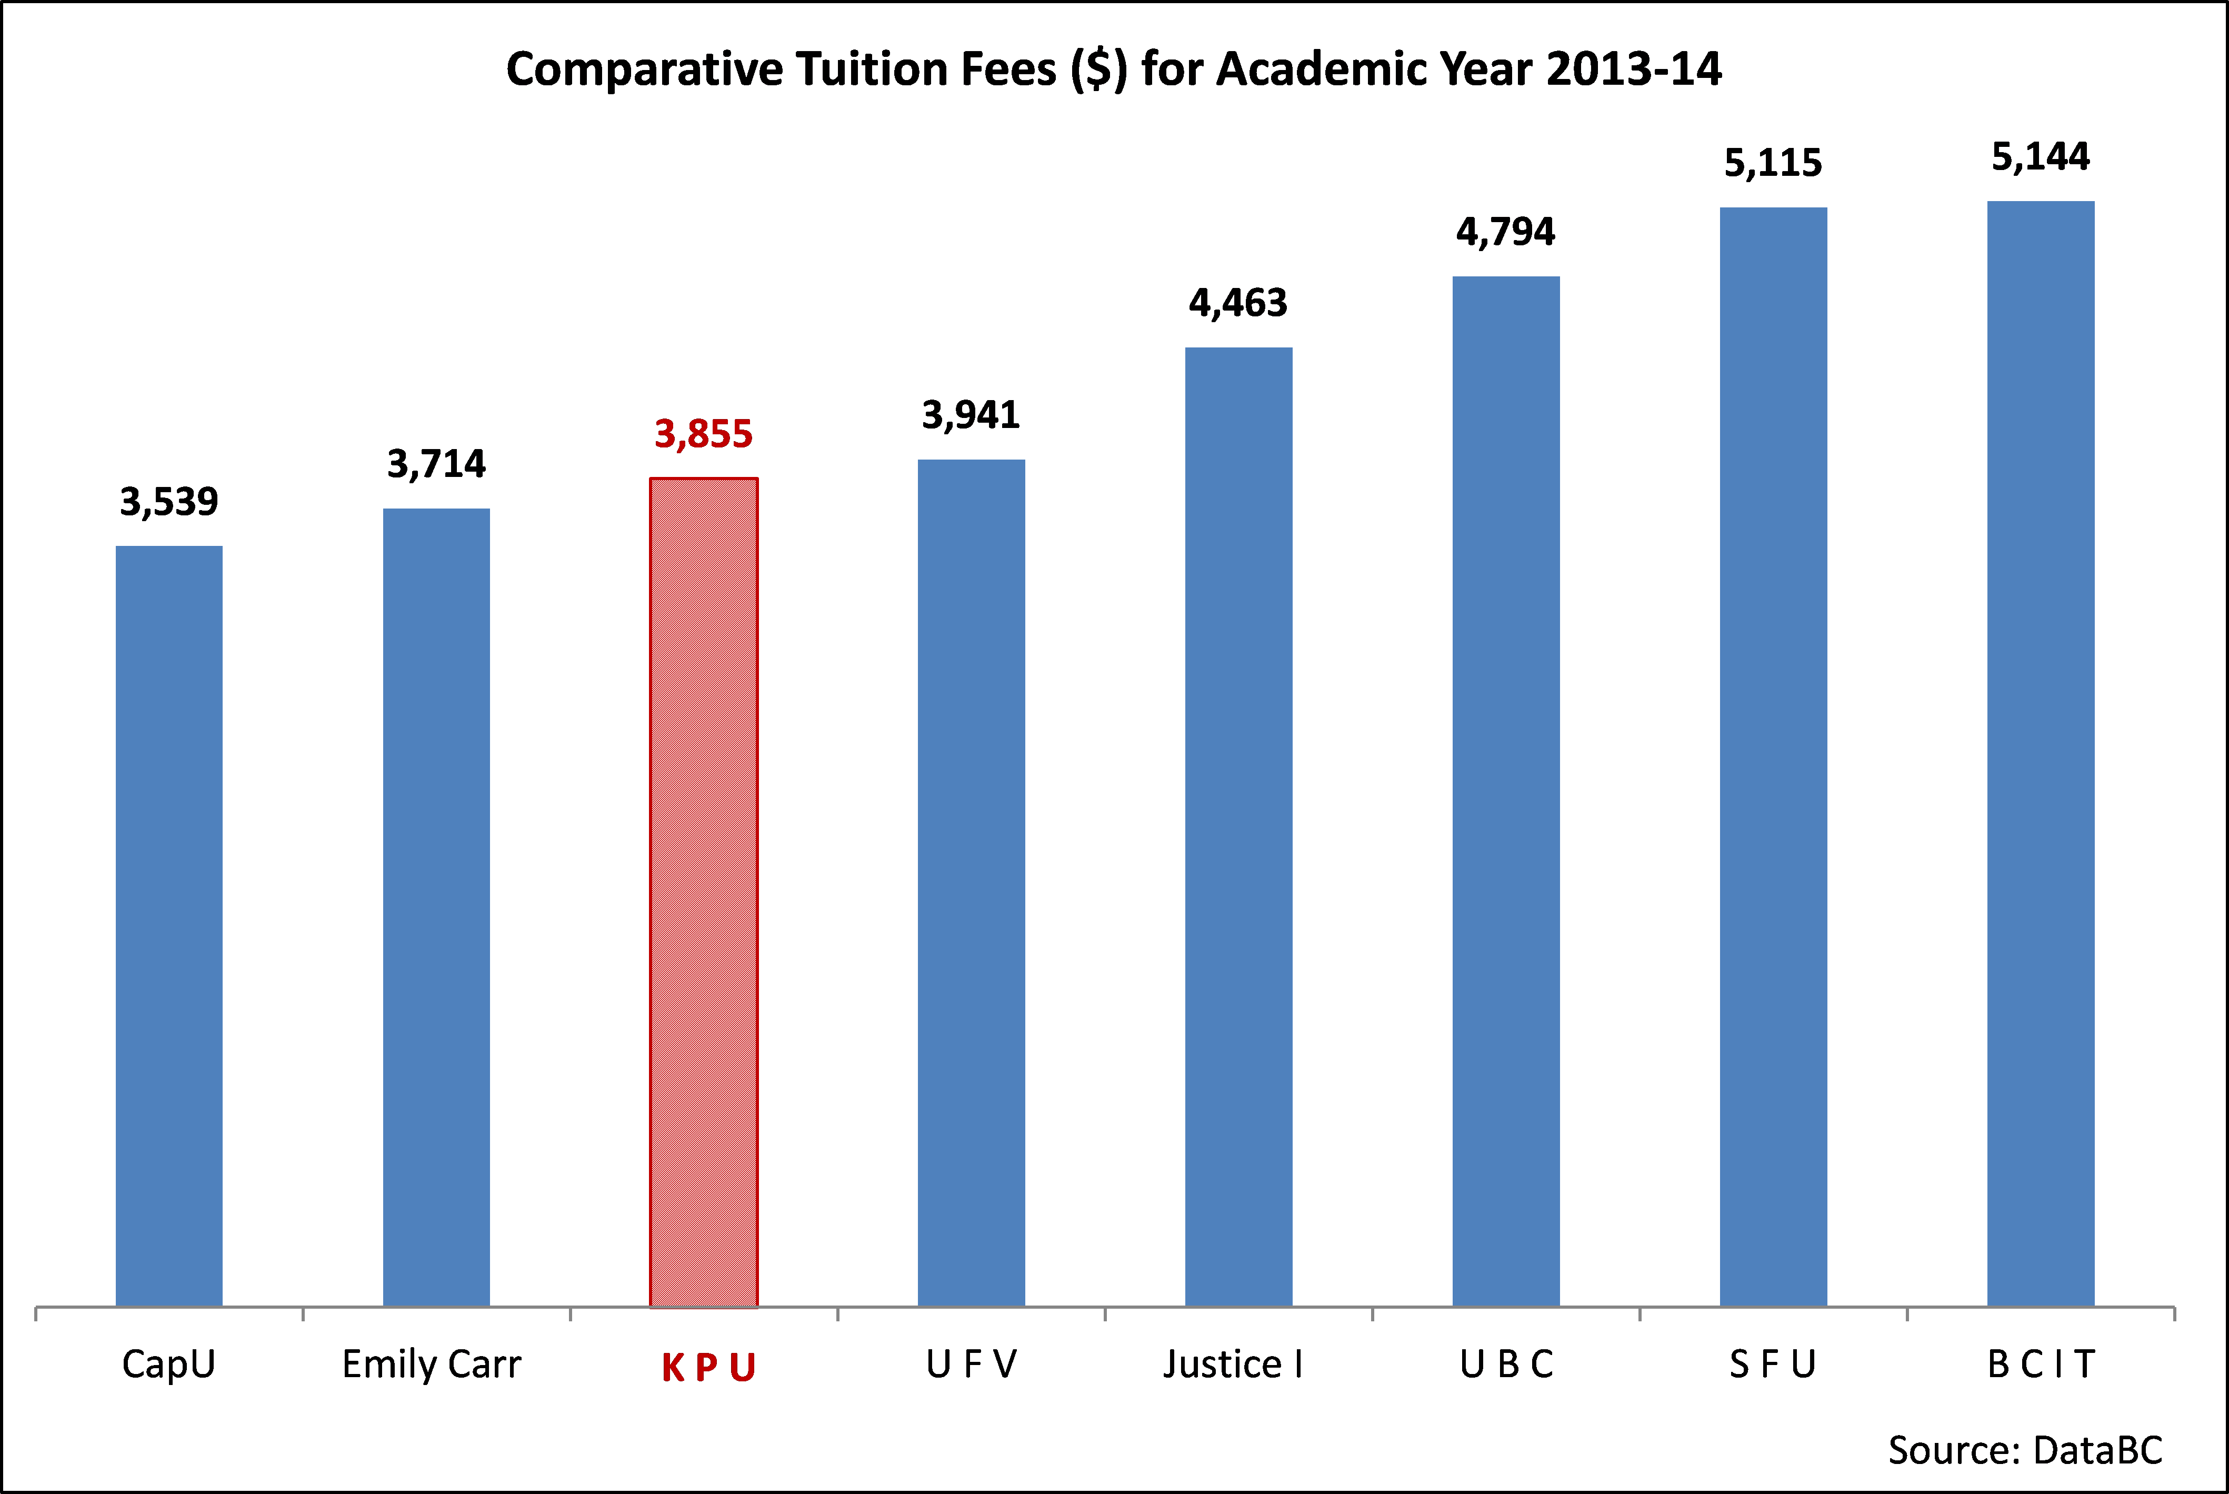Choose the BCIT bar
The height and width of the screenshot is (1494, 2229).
(x=2041, y=753)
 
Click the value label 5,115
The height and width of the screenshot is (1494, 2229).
(x=1773, y=164)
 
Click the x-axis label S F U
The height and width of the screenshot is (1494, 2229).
(x=1773, y=1364)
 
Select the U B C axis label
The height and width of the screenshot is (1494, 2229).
(x=1506, y=1364)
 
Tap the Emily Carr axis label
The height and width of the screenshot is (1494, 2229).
(x=432, y=1364)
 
